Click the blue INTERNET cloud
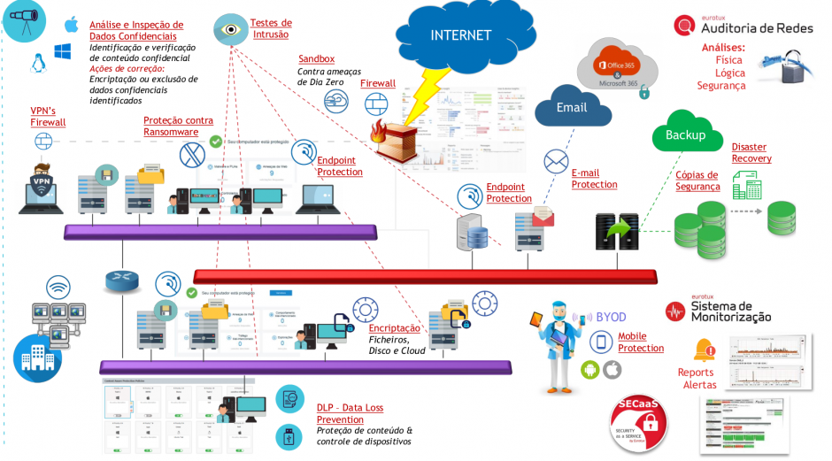[x=460, y=35]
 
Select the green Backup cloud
[x=685, y=135]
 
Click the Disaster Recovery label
[x=751, y=152]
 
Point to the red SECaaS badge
[x=638, y=424]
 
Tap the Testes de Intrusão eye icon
[x=231, y=29]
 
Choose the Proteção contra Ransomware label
[x=178, y=126]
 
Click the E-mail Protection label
[x=594, y=179]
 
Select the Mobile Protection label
[x=640, y=342]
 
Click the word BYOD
[x=611, y=317]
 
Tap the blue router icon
[x=121, y=281]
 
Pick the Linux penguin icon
[x=38, y=62]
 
